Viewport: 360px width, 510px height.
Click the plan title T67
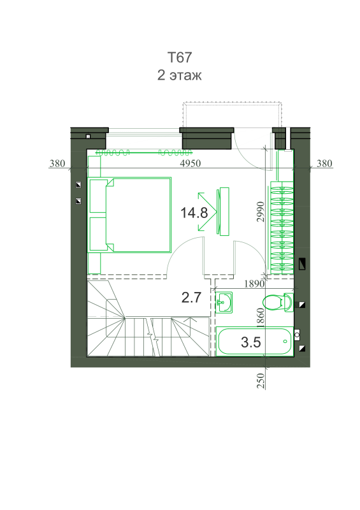(x=180, y=57)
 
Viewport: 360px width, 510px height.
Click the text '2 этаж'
(x=180, y=75)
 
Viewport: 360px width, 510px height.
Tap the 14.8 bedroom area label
(x=194, y=213)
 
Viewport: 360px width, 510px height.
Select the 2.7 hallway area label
(x=191, y=298)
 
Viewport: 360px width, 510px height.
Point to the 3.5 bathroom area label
(x=251, y=342)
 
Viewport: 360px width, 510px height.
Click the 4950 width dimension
(x=191, y=163)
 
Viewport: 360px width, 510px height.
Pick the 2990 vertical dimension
(x=261, y=212)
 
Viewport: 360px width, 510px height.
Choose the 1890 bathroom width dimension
(x=254, y=284)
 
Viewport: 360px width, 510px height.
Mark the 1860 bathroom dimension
(x=261, y=317)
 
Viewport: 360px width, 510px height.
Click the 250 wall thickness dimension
(x=261, y=381)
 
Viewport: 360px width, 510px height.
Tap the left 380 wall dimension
(x=57, y=163)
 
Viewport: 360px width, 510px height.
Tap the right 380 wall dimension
(x=324, y=163)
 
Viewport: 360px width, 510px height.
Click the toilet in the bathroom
(x=278, y=302)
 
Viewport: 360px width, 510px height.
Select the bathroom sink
(x=224, y=303)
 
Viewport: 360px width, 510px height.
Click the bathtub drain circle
(x=285, y=341)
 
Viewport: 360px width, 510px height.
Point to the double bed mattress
(x=138, y=215)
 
